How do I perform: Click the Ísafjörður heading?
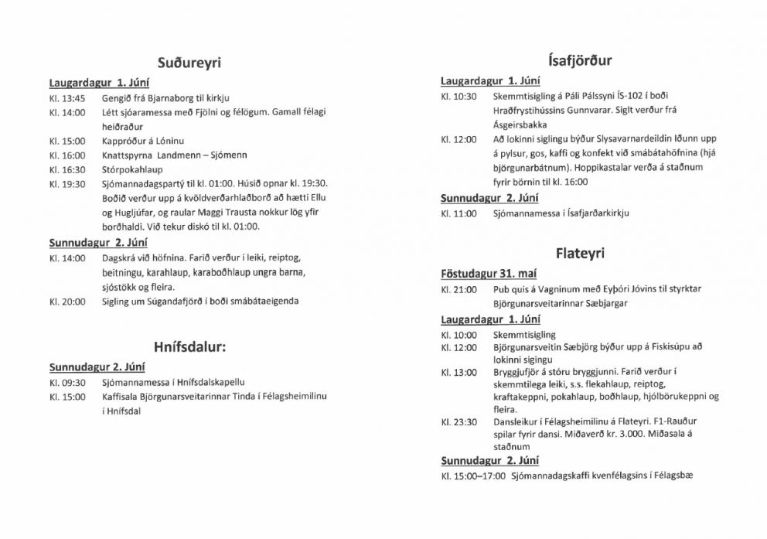[578, 60]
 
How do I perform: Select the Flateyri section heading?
[579, 254]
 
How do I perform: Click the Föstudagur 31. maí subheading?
[489, 274]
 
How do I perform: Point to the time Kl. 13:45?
[67, 98]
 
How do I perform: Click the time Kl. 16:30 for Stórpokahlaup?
[67, 169]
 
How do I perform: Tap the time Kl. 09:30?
[67, 382]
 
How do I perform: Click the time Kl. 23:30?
[458, 422]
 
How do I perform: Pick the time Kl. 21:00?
[458, 289]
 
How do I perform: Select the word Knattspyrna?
[128, 155]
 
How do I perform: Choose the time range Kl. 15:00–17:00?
[472, 476]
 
